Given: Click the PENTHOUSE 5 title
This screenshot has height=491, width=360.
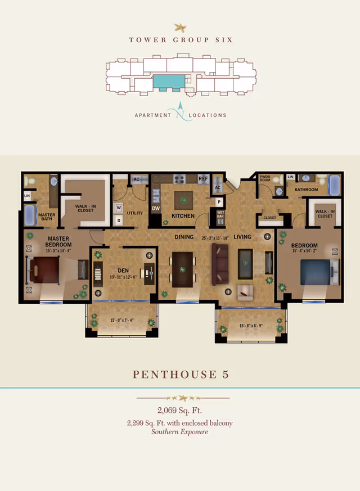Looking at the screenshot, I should coord(180,374).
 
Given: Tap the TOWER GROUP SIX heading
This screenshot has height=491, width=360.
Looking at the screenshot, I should coord(180,40).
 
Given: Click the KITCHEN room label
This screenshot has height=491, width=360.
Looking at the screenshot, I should coord(183,216).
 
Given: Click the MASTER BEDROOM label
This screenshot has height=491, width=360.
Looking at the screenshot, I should coord(58,241).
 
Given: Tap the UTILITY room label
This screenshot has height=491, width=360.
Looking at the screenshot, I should coord(136,213).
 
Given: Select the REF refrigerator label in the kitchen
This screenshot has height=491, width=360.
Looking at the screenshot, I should coord(203,179).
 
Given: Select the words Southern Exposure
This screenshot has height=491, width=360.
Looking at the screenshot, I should coord(180,432).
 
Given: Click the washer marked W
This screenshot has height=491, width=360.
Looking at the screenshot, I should coord(119,207).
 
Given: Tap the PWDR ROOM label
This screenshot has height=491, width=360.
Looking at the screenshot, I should coord(264,179).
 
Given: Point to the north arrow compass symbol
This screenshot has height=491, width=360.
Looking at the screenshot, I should coord(180,110).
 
